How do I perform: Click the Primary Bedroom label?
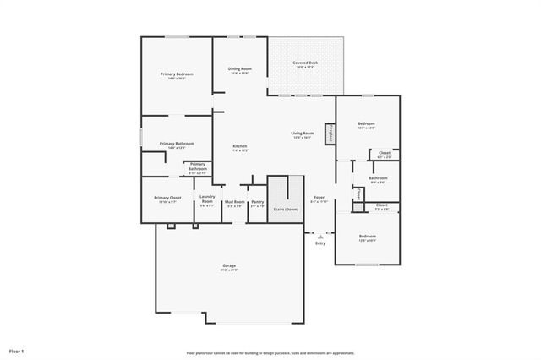tap(178, 74)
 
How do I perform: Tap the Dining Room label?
tap(239, 68)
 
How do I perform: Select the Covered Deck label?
tap(305, 63)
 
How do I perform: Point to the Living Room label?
tap(303, 133)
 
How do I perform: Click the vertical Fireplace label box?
tap(331, 133)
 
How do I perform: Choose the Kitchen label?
tap(240, 146)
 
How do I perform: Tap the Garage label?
tap(228, 266)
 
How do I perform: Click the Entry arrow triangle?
tap(320, 237)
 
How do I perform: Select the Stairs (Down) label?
tap(286, 209)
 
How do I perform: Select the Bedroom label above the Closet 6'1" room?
tap(366, 123)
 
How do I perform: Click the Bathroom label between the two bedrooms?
tap(378, 177)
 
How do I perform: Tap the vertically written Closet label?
tap(358, 195)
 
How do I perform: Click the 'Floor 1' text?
tap(17, 350)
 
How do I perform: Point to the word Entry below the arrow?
tap(320, 243)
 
